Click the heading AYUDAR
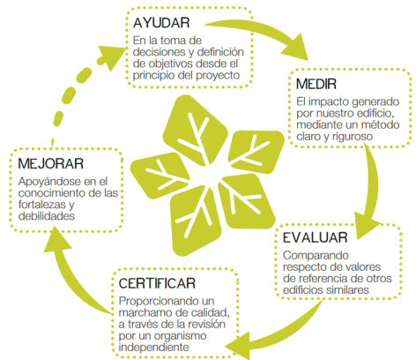coord(161,23)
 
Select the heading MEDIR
coord(316,84)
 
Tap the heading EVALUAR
coord(316,237)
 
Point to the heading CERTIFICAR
coord(157,283)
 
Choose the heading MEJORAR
coord(51,164)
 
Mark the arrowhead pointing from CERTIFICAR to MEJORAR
coord(56,241)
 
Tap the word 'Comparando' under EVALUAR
coord(316,255)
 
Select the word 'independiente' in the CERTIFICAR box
coord(153,348)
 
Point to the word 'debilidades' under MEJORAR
coord(47,216)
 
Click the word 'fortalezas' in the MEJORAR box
coord(43,205)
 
